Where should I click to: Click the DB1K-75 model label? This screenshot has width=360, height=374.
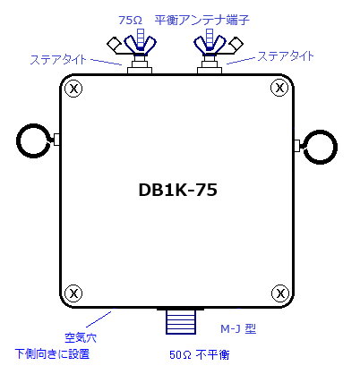click(x=178, y=190)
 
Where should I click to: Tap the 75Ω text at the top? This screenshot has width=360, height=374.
click(x=130, y=21)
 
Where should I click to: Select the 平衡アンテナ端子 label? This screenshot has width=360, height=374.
click(x=202, y=20)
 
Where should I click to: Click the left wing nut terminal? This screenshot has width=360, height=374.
click(x=140, y=45)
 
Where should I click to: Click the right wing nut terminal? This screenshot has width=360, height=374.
click(x=210, y=45)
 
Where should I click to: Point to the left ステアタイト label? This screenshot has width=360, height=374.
click(x=58, y=60)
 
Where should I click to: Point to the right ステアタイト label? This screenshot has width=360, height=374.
click(x=286, y=56)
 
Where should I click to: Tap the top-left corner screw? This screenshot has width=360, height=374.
click(x=73, y=89)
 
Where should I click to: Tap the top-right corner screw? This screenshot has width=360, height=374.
click(x=279, y=88)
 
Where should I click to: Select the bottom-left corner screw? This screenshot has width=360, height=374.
click(x=73, y=293)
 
